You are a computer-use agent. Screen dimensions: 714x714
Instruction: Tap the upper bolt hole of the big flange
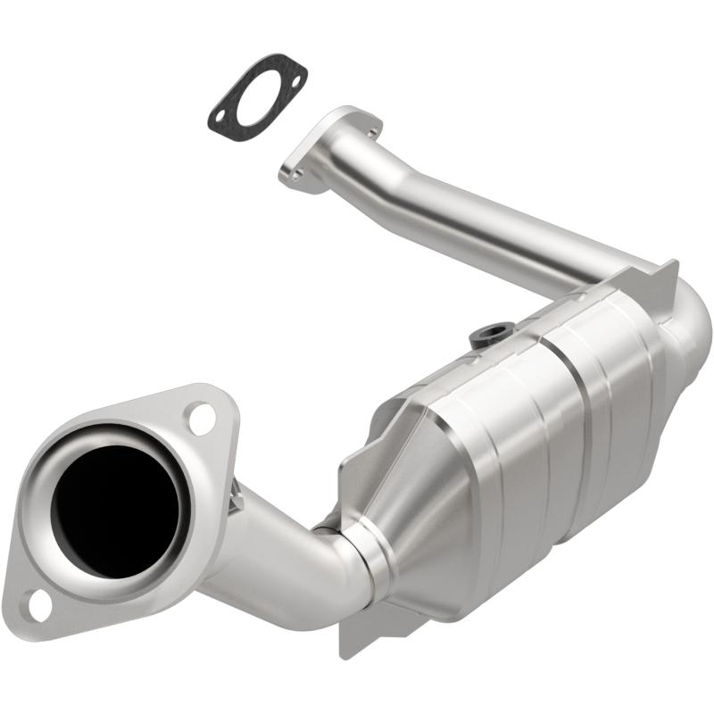click(202, 419)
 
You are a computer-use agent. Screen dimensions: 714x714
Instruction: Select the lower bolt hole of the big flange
click(38, 605)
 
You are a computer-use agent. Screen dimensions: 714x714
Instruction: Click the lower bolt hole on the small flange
click(297, 174)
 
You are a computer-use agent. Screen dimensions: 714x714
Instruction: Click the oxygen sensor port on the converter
click(486, 336)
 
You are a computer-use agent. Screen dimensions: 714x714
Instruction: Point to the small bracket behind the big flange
click(236, 501)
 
